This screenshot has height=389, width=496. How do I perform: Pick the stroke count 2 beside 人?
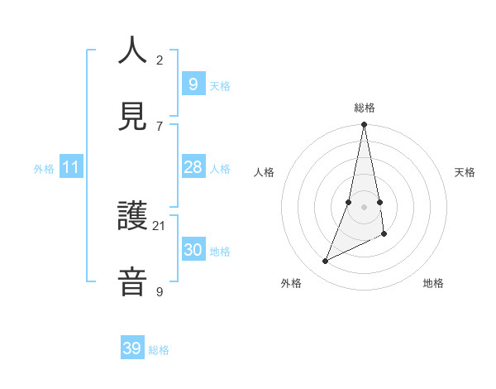point(160,60)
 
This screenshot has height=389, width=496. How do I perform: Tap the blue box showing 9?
point(193,84)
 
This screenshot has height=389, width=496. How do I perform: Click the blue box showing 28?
point(193,168)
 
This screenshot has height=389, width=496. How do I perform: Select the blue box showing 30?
point(193,251)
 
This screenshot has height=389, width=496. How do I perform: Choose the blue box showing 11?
point(70,168)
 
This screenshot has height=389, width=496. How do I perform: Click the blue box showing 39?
point(132,349)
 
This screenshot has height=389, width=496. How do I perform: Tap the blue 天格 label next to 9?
point(220,86)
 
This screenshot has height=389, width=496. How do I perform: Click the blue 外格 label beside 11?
point(45,169)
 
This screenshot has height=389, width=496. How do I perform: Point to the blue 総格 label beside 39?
point(160,350)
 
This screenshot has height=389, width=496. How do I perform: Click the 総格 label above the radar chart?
point(365,108)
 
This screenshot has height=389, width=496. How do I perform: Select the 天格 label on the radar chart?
point(465,172)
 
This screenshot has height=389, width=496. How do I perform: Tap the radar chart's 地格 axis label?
point(433,283)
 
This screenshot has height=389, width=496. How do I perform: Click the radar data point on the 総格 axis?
point(364,125)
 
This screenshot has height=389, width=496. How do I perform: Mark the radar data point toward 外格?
point(326,262)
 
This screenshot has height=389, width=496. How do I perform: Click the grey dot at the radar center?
point(364,207)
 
